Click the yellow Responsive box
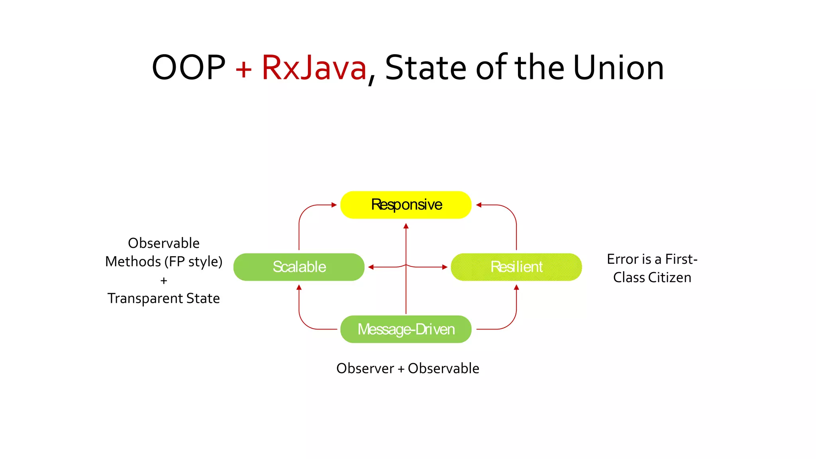406,205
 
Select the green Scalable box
299,267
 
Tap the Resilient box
516,267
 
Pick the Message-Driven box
406,329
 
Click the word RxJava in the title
314,68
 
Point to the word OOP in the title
188,68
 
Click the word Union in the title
618,68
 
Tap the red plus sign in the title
243,69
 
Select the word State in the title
426,68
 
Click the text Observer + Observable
408,369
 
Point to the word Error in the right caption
623,259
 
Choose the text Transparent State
163,298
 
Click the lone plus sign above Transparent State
163,281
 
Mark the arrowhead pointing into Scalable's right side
371,267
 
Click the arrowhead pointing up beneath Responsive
406,226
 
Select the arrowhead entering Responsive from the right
479,205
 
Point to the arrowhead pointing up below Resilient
516,287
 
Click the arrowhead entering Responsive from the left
334,205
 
